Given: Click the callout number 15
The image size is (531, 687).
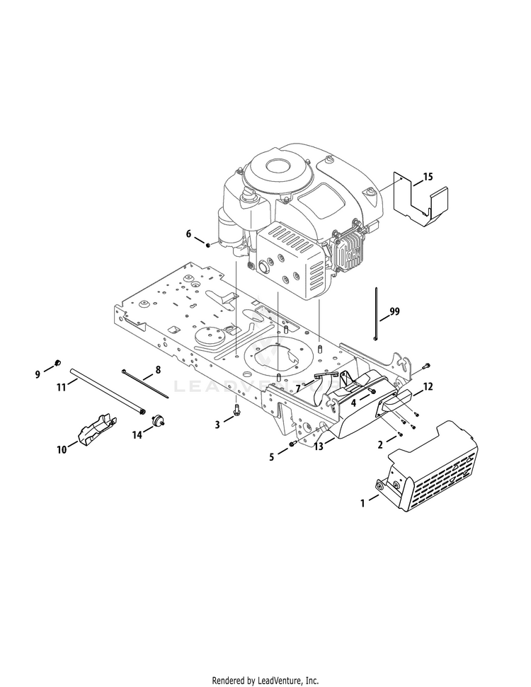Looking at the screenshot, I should coord(428,176).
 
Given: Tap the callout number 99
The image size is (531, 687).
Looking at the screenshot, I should coord(394,311).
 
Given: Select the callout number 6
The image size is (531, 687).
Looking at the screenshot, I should coord(188,233).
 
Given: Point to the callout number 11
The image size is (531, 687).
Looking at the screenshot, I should coord(62,386).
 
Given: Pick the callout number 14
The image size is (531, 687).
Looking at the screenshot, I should coord(137,434).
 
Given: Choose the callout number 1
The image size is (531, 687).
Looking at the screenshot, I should coord(363,503).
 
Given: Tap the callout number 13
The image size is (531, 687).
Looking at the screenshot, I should coord(319,447).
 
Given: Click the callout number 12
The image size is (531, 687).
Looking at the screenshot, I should coord(427,386).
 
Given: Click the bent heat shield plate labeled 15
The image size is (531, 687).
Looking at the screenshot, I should coord(419,201).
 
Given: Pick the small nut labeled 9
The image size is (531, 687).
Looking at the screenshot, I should coord(57,364).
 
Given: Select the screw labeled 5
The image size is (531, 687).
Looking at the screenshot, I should coord(292,444).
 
